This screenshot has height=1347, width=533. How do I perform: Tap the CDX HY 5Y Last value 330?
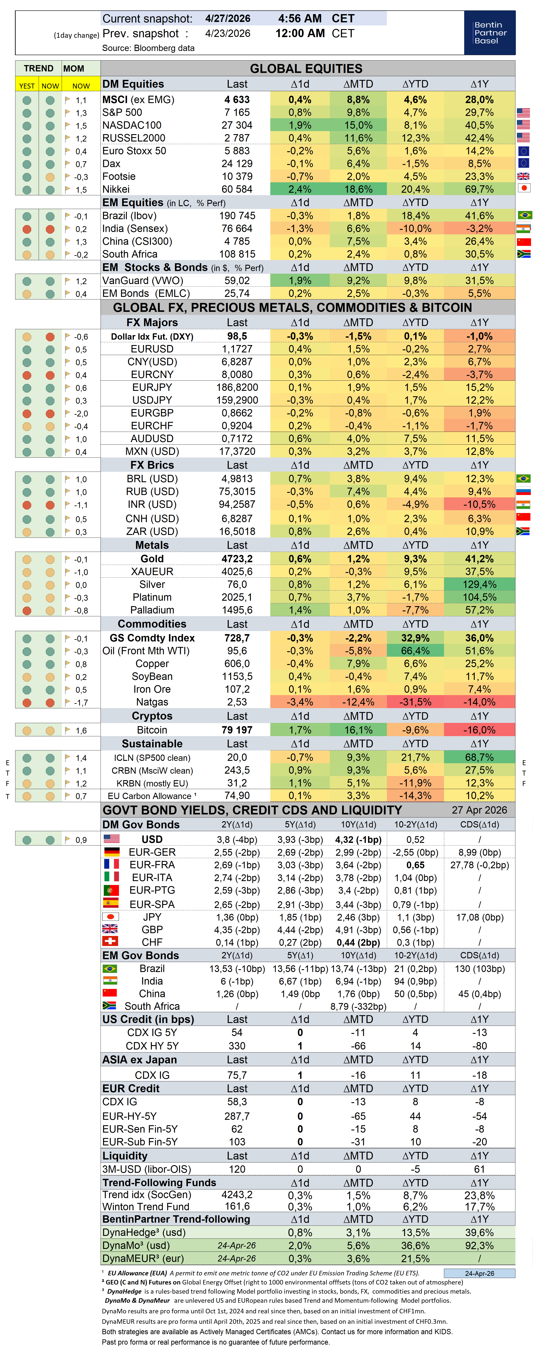click(x=237, y=1046)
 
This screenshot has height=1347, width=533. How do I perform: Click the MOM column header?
click(x=74, y=69)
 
